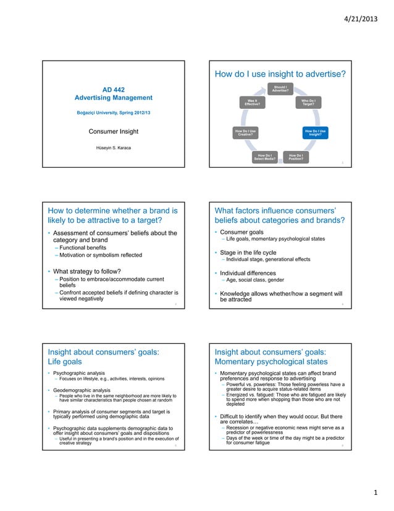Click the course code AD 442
pos(114,88)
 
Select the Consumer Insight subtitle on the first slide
pos(114,131)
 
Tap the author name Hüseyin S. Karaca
pos(114,148)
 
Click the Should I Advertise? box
pos(280,88)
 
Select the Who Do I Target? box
pos(308,102)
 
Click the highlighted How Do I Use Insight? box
pos(315,132)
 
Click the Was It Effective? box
pos(252,102)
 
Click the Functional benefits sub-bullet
pos(81,247)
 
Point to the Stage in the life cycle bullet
pos(253,252)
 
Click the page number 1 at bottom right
pos(374,492)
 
